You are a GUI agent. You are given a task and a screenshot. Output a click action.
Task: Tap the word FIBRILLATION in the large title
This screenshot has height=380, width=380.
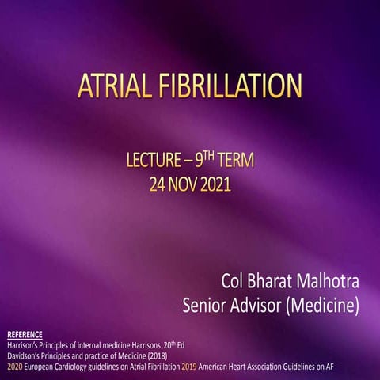point(230,87)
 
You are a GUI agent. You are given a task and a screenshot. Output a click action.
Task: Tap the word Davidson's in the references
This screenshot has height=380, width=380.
point(25,355)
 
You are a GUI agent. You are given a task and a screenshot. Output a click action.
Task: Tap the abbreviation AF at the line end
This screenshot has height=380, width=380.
point(367,366)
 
